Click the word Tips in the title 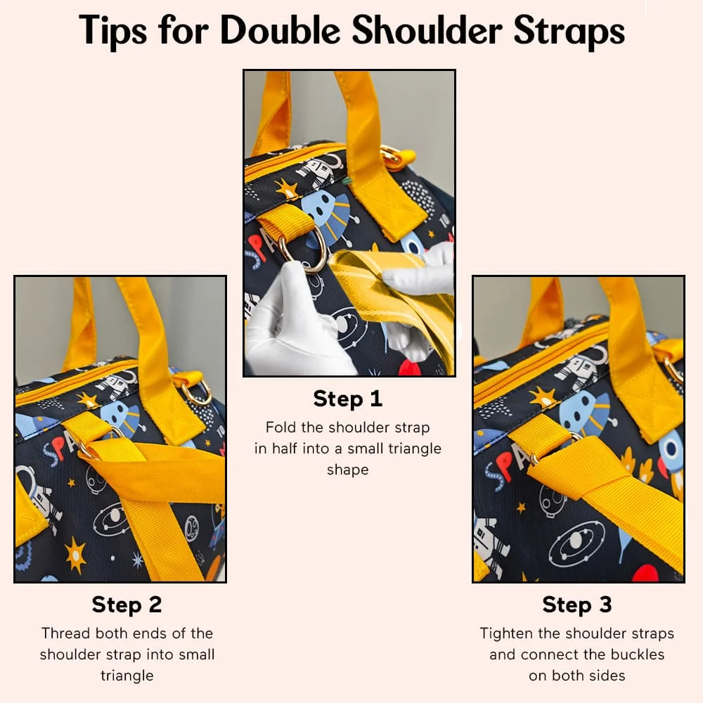[x=112, y=30]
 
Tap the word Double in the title [x=280, y=30]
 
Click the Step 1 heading [x=347, y=399]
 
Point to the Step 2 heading [x=127, y=605]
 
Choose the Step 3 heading [x=577, y=605]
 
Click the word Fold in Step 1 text [x=280, y=427]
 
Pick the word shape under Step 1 [x=347, y=470]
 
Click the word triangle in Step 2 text [x=127, y=676]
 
